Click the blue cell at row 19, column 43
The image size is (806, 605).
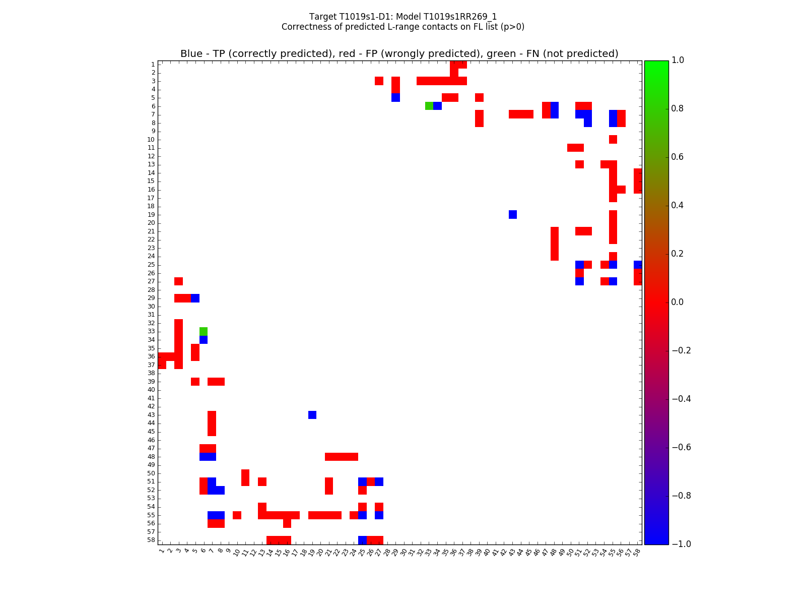[x=513, y=215]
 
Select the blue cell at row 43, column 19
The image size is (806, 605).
[x=312, y=415]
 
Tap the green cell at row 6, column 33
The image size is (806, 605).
[x=429, y=106]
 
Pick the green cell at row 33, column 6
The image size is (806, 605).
[x=204, y=331]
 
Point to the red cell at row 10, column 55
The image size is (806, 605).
[x=613, y=139]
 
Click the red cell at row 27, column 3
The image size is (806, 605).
[x=178, y=281]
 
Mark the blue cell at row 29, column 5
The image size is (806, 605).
[x=195, y=298]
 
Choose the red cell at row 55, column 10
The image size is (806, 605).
[x=237, y=515]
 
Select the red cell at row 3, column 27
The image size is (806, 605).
[x=379, y=81]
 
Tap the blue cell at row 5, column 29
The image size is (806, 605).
[x=395, y=97]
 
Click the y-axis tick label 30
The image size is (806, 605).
[x=151, y=307]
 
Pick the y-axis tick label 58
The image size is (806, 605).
[x=151, y=540]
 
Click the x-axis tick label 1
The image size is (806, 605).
[x=161, y=552]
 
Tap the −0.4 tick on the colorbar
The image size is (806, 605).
[x=680, y=399]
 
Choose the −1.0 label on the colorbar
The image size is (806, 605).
[x=680, y=544]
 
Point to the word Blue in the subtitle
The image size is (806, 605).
[x=191, y=54]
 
